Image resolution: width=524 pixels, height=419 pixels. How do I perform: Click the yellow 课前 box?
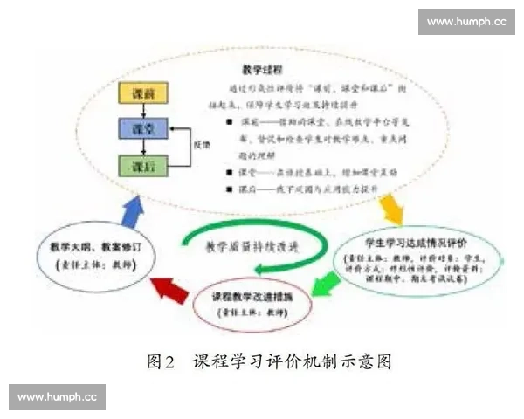pos(143,93)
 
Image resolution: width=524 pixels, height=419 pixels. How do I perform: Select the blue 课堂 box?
pos(143,129)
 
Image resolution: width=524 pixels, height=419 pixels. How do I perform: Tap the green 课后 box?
pos(143,165)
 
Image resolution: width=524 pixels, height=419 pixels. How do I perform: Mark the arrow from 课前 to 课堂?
pos(143,111)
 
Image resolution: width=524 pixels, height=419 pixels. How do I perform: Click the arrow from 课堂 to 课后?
pos(143,147)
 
